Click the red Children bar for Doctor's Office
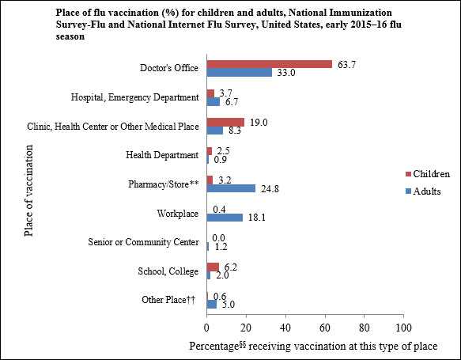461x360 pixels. tap(269, 63)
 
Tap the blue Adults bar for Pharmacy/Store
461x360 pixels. tap(231, 188)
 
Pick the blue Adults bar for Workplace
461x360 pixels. tap(225, 218)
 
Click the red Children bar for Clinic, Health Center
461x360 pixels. tap(225, 121)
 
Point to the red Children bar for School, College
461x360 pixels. tap(213, 267)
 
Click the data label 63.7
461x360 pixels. tap(346, 63)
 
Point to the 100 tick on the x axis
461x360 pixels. tap(403, 326)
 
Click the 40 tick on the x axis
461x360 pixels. tap(285, 326)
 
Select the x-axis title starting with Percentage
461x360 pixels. tap(313, 347)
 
